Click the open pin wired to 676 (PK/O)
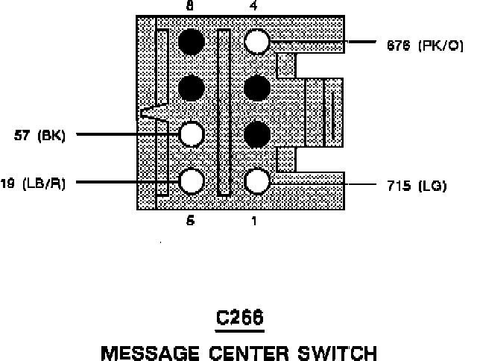click(257, 42)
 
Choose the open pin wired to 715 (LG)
click(257, 181)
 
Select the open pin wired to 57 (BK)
click(192, 134)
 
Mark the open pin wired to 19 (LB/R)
click(192, 180)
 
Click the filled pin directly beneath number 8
click(192, 42)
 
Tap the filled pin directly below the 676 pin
click(257, 88)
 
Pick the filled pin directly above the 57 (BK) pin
click(192, 88)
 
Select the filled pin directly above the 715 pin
click(257, 134)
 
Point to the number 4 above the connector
click(254, 6)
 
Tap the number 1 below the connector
click(256, 221)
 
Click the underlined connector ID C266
click(239, 318)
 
